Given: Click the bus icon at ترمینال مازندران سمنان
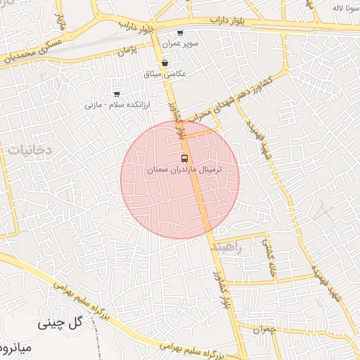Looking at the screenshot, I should [184, 157].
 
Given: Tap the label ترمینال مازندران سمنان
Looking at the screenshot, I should [184, 170].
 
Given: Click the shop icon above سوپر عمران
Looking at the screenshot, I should [181, 32].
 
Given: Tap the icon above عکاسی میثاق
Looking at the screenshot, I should [164, 63].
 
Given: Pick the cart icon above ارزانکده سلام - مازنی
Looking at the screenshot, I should [117, 94].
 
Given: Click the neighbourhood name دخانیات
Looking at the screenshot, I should [30, 149].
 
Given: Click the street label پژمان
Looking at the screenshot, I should [127, 51].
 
